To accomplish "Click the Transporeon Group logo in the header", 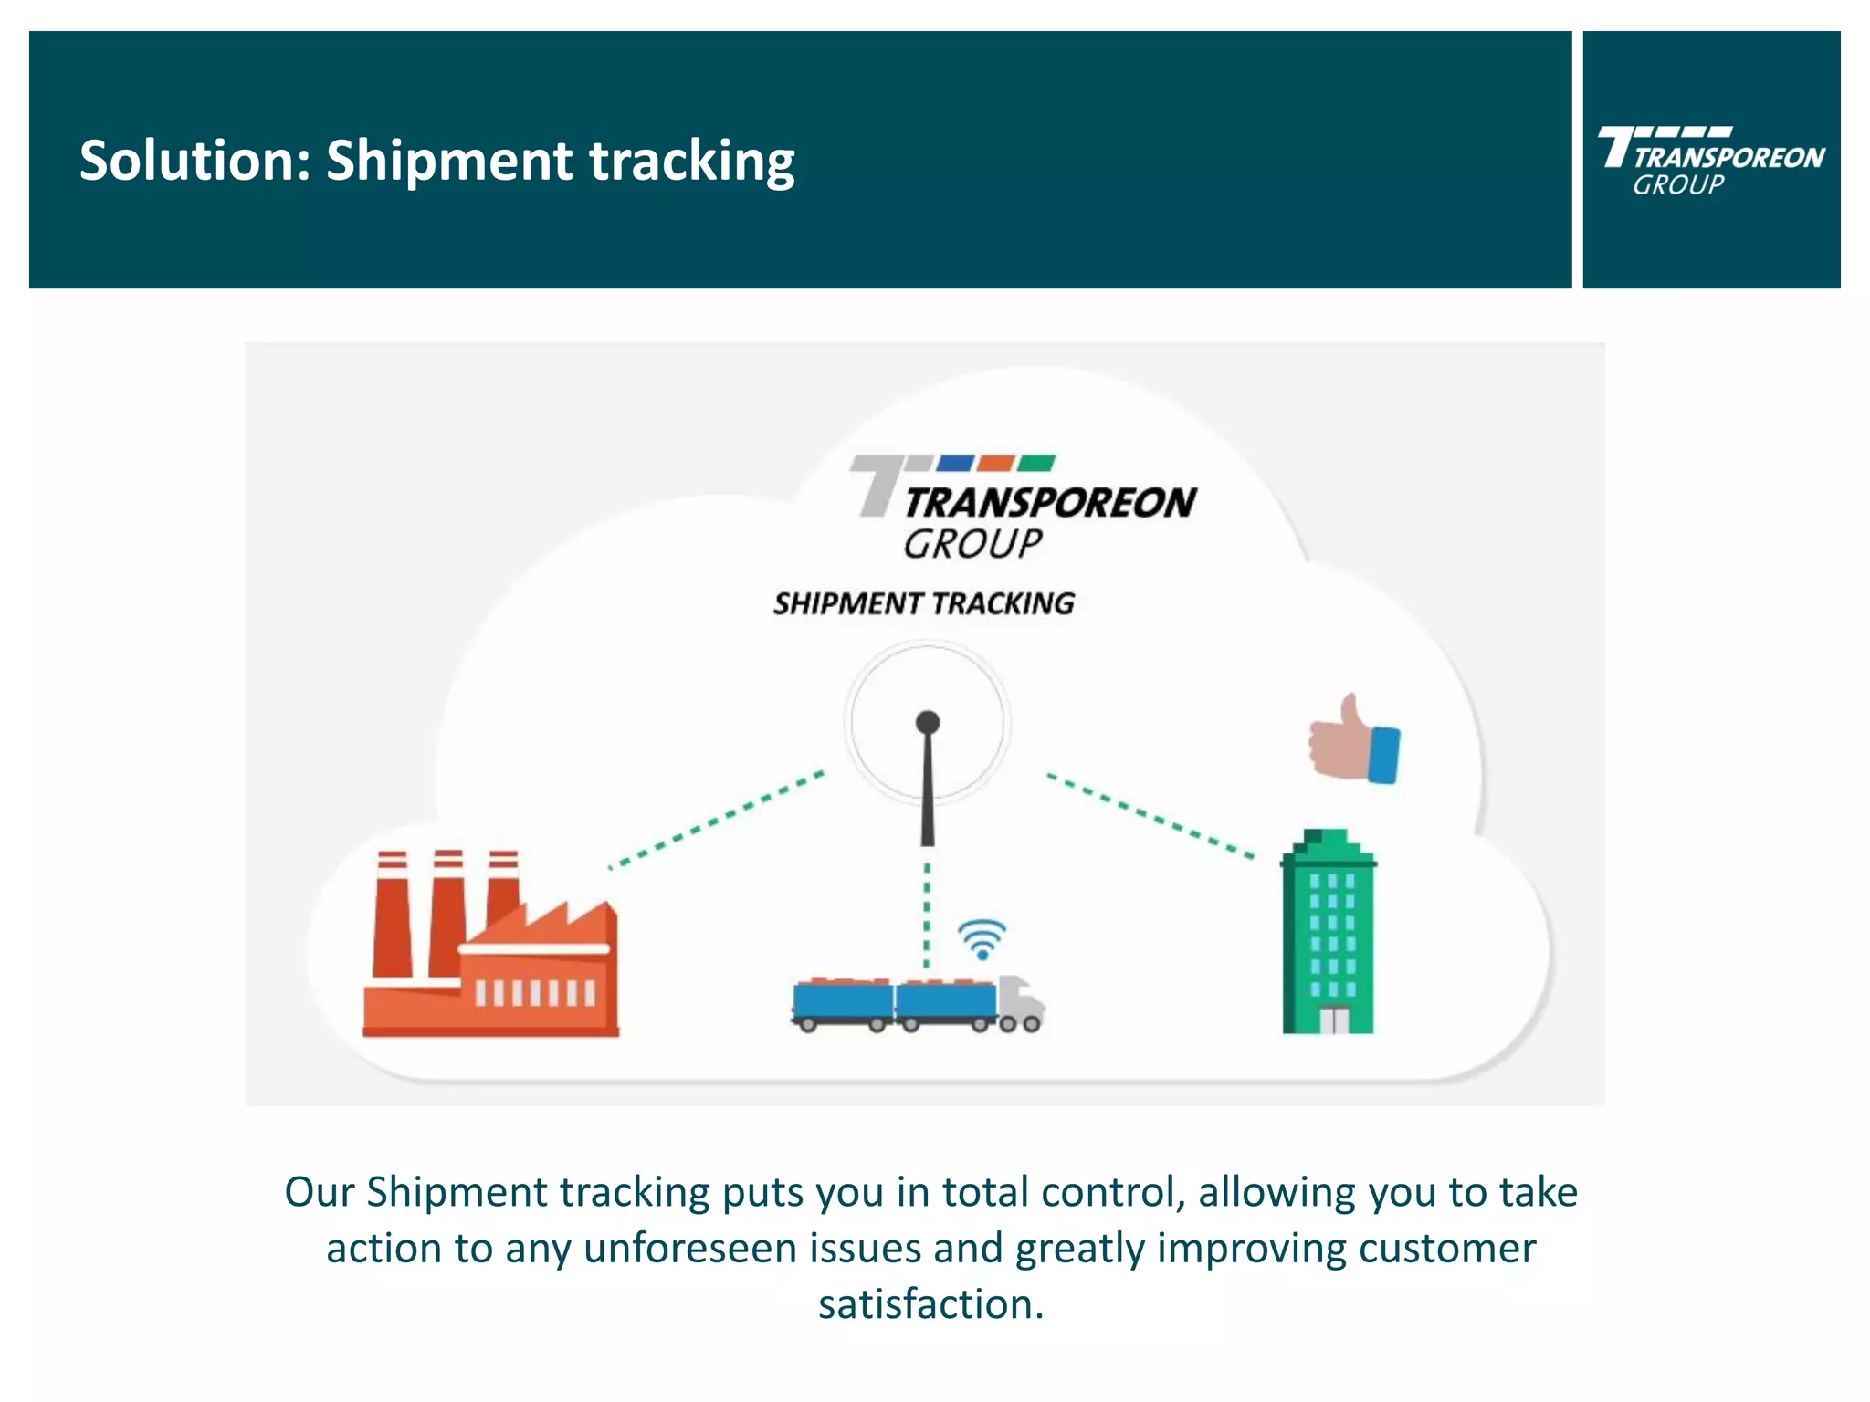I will click(1710, 161).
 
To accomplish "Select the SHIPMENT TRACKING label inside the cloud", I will click(923, 603).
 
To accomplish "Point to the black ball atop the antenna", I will click(928, 723).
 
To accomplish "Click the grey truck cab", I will click(1020, 1002).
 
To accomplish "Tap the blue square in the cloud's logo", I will click(956, 463).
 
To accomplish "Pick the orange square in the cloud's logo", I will click(996, 463).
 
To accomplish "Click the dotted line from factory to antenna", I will click(717, 819).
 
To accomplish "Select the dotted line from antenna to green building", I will click(1150, 816).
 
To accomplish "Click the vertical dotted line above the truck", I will click(927, 913).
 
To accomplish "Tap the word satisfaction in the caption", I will click(930, 1303).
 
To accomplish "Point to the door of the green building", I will click(1333, 1020).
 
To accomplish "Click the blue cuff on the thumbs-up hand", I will click(1384, 755).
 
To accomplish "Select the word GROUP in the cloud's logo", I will click(972, 544).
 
